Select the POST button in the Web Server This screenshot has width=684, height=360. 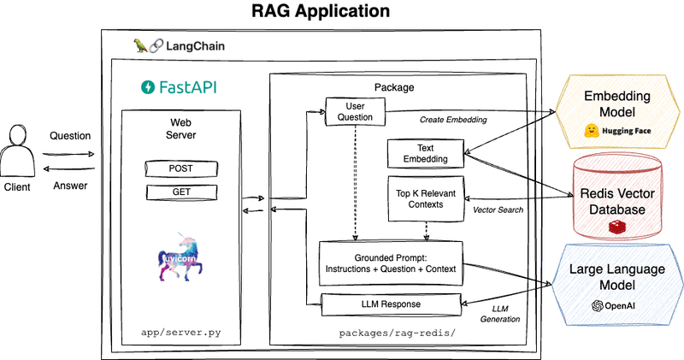(180, 168)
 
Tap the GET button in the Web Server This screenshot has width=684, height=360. (180, 191)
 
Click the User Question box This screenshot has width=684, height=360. (355, 110)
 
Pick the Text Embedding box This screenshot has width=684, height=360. (425, 153)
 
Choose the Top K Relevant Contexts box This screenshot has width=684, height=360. (425, 198)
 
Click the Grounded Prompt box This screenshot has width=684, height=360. (390, 263)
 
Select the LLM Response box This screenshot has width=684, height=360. (390, 304)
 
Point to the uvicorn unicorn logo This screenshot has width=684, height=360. (182, 256)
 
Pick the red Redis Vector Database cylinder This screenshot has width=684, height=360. (610, 197)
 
